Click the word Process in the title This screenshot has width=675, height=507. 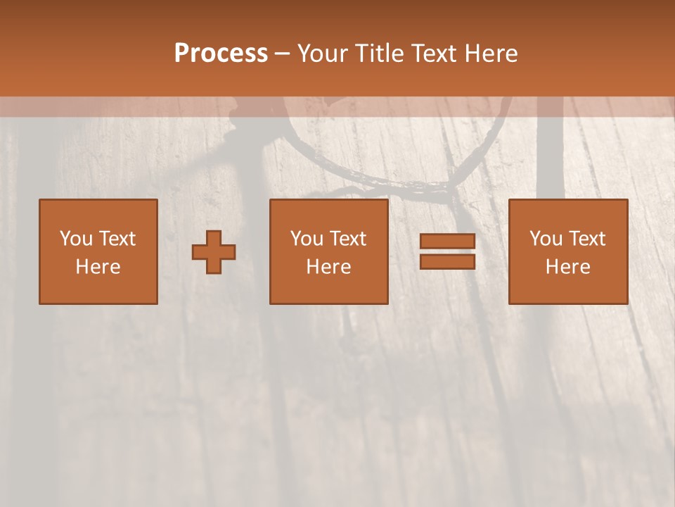point(221,54)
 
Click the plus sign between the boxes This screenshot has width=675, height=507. point(214,252)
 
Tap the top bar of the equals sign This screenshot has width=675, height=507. point(447,242)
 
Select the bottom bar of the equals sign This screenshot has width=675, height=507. point(447,261)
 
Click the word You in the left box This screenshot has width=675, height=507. point(76,239)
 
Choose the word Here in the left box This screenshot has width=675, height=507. point(98,267)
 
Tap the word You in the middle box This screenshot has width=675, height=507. point(307,239)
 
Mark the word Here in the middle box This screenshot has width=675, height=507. point(328,267)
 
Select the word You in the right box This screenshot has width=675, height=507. point(546,239)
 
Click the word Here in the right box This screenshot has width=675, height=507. point(567,267)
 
